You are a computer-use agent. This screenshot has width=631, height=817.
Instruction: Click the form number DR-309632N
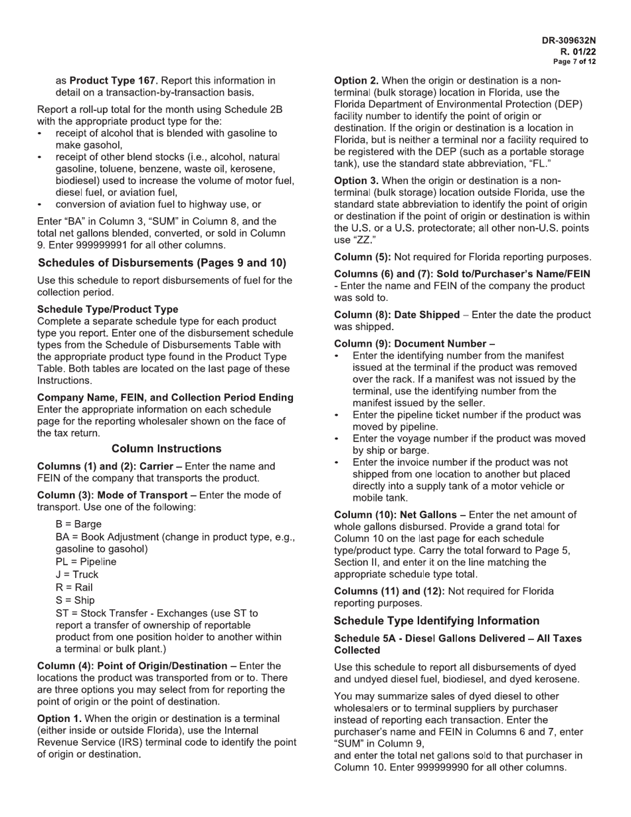569,41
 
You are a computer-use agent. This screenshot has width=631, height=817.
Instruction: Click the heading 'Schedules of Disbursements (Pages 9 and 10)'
161,263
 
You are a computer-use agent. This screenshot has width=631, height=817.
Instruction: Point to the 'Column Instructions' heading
166,448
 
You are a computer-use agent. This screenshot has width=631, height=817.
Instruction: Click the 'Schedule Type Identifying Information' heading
436,620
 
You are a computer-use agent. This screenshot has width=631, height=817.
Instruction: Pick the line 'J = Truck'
76,575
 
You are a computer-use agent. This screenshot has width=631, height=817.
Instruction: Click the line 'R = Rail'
74,587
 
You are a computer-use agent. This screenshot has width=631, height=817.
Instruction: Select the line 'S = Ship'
75,600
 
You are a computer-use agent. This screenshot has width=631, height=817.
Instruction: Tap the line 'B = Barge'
78,524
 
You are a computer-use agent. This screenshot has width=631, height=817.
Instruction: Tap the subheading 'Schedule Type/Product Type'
108,309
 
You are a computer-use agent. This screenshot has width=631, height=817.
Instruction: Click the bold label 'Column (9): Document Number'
410,343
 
